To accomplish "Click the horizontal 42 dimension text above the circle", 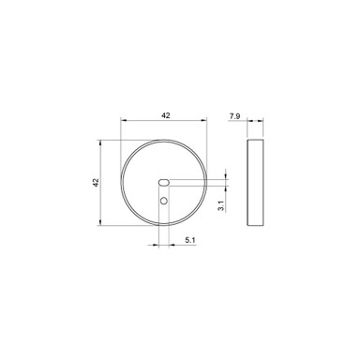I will (x=166, y=114).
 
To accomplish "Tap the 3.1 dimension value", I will (x=218, y=204).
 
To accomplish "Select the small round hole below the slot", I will (x=163, y=201).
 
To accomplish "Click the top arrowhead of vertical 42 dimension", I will (x=102, y=143).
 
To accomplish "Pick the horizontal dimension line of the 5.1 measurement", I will (x=178, y=247).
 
